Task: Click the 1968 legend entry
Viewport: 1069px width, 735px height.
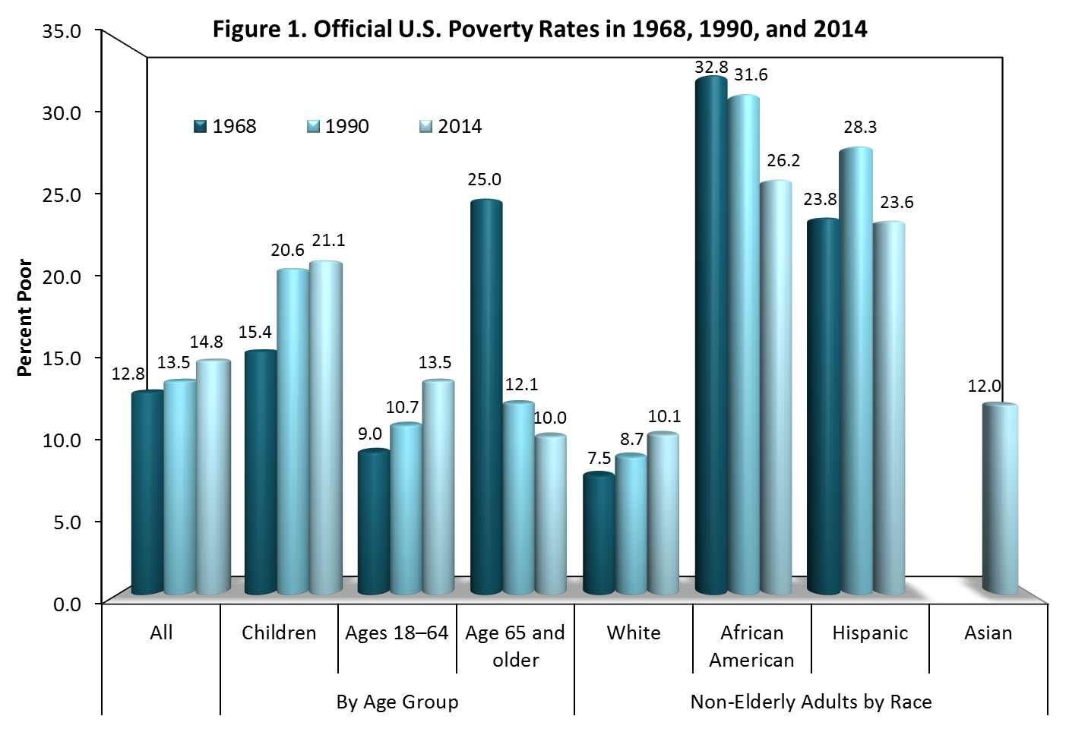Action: coord(226,127)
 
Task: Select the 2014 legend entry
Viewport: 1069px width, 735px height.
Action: coord(451,127)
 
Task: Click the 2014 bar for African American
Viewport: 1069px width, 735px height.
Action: coord(776,387)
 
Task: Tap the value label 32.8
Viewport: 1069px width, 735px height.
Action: coord(711,68)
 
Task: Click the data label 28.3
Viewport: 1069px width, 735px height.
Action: coord(860,128)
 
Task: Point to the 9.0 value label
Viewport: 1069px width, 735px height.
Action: coord(370,434)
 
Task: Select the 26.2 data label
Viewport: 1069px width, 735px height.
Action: coord(784,161)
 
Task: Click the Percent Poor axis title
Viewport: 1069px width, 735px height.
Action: coord(25,318)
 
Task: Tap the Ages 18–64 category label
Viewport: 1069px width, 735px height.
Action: coord(397,633)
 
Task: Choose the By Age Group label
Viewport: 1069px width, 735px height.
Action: coord(397,702)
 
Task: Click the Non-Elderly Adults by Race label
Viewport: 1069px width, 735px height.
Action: coord(811,702)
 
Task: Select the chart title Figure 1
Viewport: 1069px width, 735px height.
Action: coord(539,30)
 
